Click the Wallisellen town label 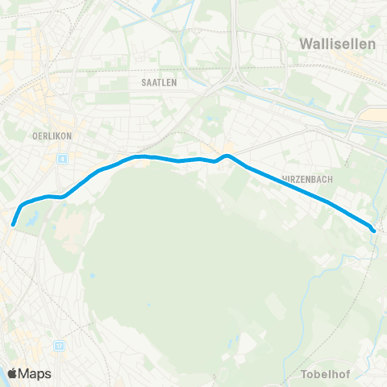[337, 44]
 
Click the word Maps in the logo [35, 373]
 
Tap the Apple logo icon [13, 372]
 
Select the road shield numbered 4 [61, 158]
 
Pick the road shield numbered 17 [59, 345]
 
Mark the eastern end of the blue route [373, 231]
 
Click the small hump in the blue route [227, 156]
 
